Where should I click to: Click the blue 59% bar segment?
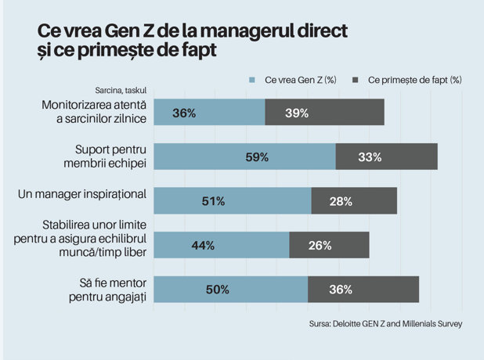(x=245, y=157)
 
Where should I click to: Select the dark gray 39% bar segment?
(x=325, y=112)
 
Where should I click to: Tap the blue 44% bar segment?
(x=222, y=245)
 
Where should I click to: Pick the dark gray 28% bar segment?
(x=354, y=200)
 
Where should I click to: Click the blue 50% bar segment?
(x=231, y=290)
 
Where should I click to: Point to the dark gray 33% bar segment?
(x=387, y=157)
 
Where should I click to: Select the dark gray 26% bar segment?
(x=330, y=245)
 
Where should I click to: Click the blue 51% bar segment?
(x=233, y=200)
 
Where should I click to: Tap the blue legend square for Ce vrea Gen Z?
(x=252, y=80)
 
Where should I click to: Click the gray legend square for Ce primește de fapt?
(x=356, y=80)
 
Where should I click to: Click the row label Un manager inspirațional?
(x=82, y=194)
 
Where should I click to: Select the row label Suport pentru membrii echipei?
(x=105, y=157)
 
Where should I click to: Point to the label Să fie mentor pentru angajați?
(x=108, y=290)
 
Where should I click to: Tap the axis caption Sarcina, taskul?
(x=121, y=90)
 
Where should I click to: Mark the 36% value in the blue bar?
(x=184, y=113)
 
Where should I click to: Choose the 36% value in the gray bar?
(x=341, y=290)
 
